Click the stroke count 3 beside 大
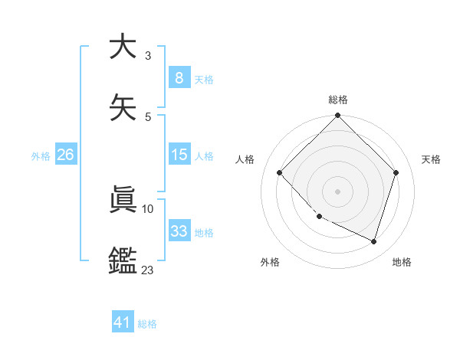148,56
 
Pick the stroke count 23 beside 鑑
147,270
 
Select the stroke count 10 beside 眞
148,208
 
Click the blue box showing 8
179,78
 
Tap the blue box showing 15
179,155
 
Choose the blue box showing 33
179,231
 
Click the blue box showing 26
65,155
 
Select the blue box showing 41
123,322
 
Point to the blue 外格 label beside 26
41,156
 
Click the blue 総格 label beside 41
147,324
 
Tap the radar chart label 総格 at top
338,100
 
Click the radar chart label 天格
431,159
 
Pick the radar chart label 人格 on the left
245,159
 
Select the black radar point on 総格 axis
337,116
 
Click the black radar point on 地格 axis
374,241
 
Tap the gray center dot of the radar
337,191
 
